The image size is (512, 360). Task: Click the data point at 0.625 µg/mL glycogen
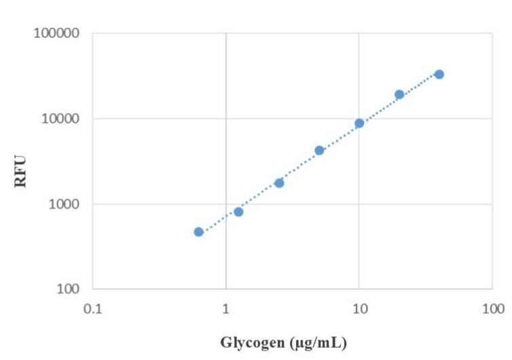198,232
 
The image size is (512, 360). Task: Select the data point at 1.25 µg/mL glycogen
238,212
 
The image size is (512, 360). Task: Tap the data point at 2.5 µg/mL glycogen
279,183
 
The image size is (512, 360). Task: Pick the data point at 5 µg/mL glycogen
319,150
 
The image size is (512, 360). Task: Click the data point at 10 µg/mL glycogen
359,123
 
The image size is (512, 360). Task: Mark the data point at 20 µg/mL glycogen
399,94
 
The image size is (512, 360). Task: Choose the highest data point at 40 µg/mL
439,74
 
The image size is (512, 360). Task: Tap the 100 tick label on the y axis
68,289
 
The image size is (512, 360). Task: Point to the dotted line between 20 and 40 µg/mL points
420,84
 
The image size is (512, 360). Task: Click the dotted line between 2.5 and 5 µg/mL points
299,166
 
